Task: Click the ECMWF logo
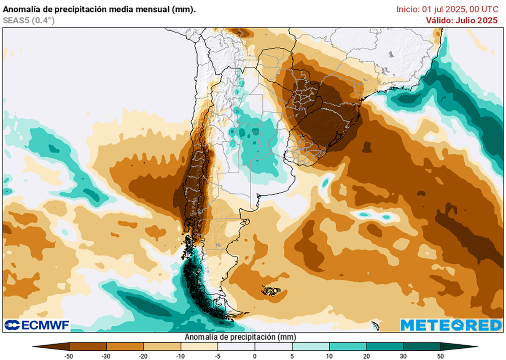tap(37, 325)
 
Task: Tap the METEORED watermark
tap(451, 325)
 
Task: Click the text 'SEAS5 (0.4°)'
tap(29, 19)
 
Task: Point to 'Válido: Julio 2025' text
tap(464, 20)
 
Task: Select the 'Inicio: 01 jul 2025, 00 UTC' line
tap(450, 9)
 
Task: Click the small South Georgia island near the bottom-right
tap(375, 325)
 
